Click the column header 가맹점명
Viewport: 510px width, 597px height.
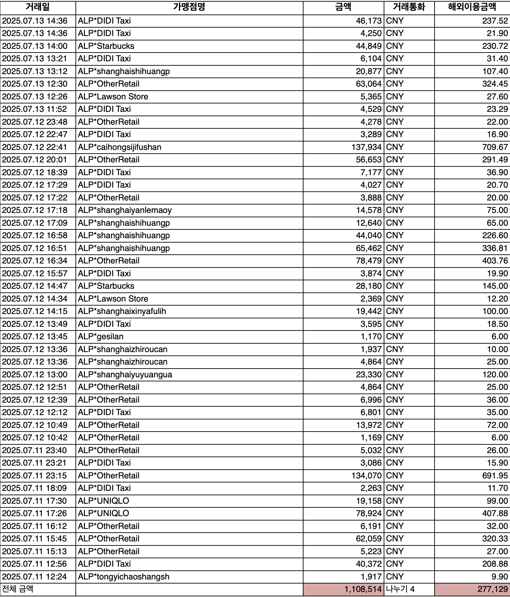189,7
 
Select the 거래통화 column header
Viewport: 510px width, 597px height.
409,7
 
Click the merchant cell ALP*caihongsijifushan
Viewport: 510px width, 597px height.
120,147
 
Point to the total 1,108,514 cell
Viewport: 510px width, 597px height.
362,589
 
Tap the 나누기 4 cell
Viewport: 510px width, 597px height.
400,589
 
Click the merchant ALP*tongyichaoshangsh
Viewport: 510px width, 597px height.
124,577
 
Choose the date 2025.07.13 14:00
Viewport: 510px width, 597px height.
35,46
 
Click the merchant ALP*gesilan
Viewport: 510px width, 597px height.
101,337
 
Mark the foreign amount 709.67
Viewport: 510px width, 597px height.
495,147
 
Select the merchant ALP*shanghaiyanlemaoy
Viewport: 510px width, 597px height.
125,210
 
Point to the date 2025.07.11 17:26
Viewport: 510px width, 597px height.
35,513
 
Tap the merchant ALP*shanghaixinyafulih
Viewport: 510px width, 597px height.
122,311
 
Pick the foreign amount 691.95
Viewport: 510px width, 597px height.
495,476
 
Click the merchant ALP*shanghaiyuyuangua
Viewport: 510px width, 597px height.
125,375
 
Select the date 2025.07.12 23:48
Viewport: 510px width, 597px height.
35,122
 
